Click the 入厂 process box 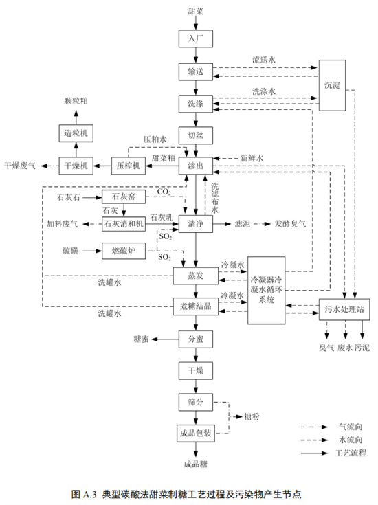(x=196, y=38)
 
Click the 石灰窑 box (x=124, y=198)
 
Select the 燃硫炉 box (x=124, y=251)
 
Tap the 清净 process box (x=196, y=224)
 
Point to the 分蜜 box (x=196, y=339)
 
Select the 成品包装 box (x=196, y=433)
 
